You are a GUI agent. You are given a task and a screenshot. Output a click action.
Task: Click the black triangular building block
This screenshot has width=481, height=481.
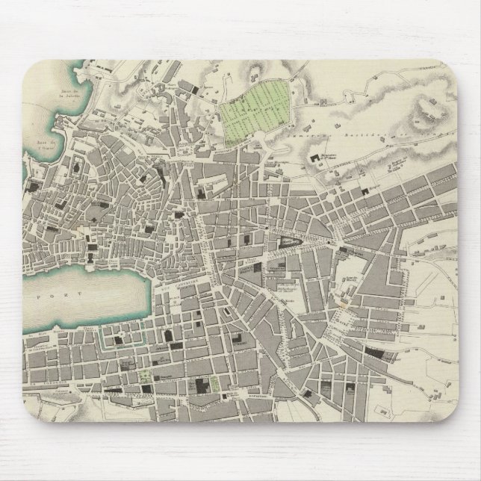[289, 241]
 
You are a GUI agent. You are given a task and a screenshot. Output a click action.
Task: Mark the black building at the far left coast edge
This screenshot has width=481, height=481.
[29, 185]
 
